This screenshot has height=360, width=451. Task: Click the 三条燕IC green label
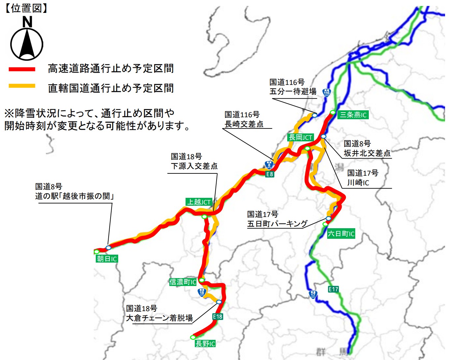point(353,115)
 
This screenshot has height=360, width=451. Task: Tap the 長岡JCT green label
point(300,137)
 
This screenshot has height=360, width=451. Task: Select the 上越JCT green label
point(199,202)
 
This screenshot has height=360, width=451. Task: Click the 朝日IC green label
point(107,259)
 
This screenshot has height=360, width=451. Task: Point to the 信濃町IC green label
point(183,282)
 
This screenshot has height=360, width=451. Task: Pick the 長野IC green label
point(205,344)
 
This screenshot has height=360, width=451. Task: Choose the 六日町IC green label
point(341,234)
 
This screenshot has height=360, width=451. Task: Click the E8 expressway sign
point(270,174)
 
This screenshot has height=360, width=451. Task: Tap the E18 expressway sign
point(218,317)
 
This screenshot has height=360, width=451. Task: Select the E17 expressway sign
point(333,289)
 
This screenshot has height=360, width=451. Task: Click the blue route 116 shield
point(327,92)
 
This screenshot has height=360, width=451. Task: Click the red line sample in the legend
point(22,69)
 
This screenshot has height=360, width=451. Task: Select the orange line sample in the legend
point(22,86)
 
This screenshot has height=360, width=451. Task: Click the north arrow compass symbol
point(27,43)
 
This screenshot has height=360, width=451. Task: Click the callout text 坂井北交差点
point(367,153)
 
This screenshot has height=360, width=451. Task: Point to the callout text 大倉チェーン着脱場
point(159,318)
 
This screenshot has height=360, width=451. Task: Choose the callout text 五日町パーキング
point(277,224)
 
